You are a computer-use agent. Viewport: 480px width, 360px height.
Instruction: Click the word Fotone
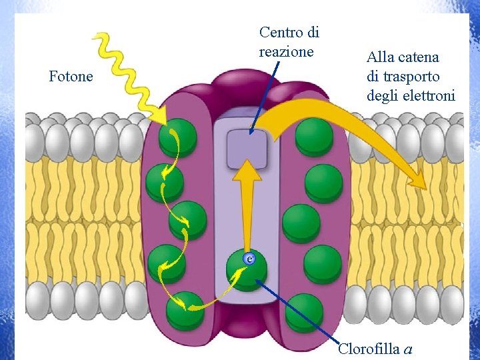(x=71, y=77)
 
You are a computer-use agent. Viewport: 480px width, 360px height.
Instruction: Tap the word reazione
(x=286, y=51)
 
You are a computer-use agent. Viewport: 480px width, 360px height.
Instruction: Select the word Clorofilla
(x=369, y=348)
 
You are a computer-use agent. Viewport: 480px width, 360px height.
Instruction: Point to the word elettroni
(x=430, y=96)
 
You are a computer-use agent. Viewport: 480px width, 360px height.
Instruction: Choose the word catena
(x=420, y=58)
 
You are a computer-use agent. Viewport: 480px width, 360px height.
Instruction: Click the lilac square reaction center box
(x=246, y=148)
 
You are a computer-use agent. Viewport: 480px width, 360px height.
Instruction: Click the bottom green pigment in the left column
(x=183, y=311)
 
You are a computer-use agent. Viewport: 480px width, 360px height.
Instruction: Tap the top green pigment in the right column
(x=315, y=136)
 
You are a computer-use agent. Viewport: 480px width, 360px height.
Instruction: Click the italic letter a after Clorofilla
(x=408, y=349)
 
